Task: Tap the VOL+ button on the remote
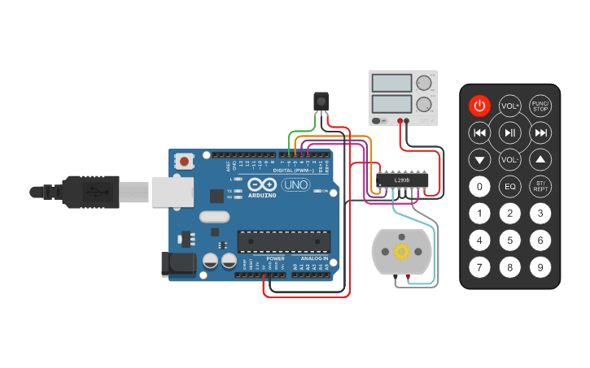click(x=510, y=106)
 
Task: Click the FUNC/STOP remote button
click(x=540, y=106)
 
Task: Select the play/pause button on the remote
click(x=510, y=133)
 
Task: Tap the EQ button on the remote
click(x=510, y=187)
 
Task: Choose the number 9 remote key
click(x=540, y=266)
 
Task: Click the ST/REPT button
click(x=540, y=187)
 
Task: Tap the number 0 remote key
click(x=480, y=187)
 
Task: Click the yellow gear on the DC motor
click(x=400, y=251)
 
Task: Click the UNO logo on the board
click(x=296, y=185)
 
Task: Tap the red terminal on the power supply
click(x=400, y=122)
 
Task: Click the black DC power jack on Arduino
click(x=180, y=263)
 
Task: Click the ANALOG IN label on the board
click(x=312, y=258)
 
